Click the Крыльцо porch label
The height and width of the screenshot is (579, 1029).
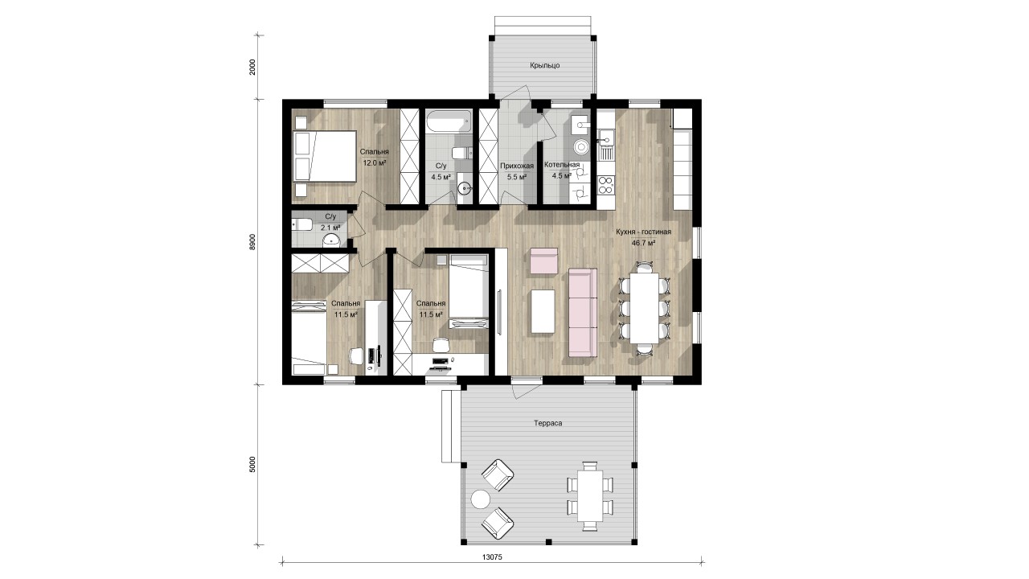pos(545,66)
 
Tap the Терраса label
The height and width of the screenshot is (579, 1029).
pos(548,423)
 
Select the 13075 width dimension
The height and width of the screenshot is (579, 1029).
pos(492,557)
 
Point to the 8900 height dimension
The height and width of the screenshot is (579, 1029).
pos(252,242)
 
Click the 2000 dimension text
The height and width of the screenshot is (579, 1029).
pos(252,68)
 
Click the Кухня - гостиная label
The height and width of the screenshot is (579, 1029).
pos(643,232)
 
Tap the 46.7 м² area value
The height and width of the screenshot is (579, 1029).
pos(643,243)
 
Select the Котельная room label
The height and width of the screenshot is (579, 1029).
pos(562,165)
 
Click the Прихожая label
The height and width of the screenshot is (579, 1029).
pos(517,166)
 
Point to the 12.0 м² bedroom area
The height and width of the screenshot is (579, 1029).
pos(375,162)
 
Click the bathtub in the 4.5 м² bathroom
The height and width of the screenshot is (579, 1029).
pos(449,121)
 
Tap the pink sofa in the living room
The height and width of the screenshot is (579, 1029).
pos(583,313)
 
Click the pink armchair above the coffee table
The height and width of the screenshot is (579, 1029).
pos(544,261)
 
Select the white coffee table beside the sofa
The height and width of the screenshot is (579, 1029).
pos(543,311)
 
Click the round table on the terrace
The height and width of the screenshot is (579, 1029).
pos(481,499)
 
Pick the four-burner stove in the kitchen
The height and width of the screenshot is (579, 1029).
pos(606,185)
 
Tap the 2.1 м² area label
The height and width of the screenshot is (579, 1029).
pos(330,228)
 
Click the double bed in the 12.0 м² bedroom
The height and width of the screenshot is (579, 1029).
pos(325,156)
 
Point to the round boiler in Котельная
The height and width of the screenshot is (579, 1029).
pos(582,147)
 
